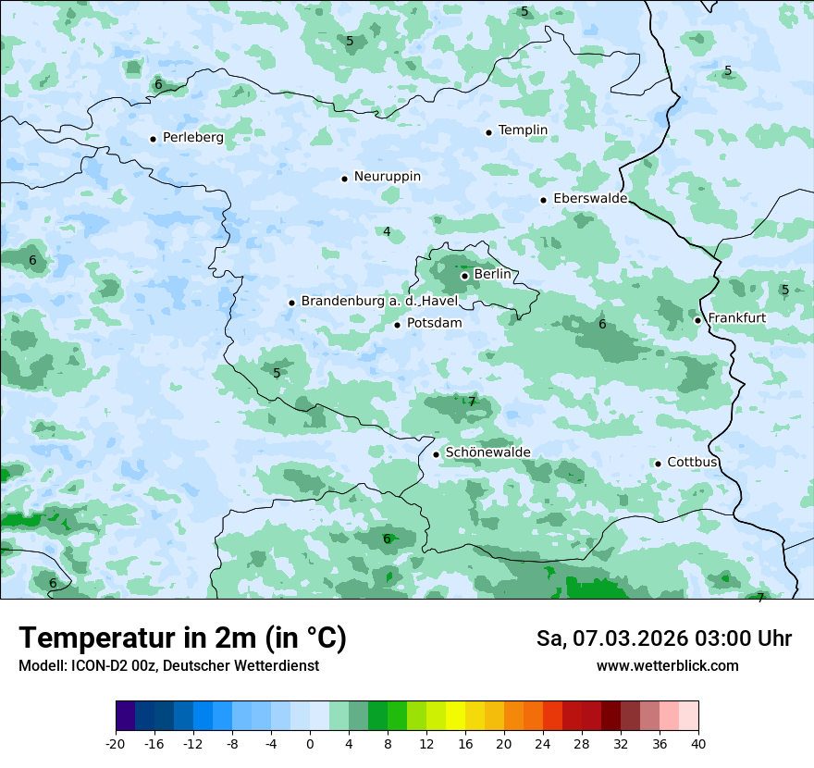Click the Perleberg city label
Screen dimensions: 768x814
click(192, 138)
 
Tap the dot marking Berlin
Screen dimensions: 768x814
click(464, 275)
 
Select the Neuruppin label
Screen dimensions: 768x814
click(387, 177)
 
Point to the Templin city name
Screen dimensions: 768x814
click(523, 130)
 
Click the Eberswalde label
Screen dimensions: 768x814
click(589, 199)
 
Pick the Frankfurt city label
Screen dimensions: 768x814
click(736, 318)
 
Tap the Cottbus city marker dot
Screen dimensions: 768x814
click(658, 464)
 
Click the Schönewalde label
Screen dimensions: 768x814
click(487, 452)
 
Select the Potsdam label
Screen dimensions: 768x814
click(434, 324)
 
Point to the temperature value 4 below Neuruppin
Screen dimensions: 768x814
click(387, 231)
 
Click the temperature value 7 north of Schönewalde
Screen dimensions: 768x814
click(472, 402)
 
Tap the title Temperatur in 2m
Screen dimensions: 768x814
click(182, 638)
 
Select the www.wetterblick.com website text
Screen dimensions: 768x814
click(667, 666)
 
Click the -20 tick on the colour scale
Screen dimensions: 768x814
click(116, 744)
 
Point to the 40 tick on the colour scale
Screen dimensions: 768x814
click(697, 744)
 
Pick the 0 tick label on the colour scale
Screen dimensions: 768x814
click(310, 744)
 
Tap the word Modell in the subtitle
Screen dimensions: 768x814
click(41, 666)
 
